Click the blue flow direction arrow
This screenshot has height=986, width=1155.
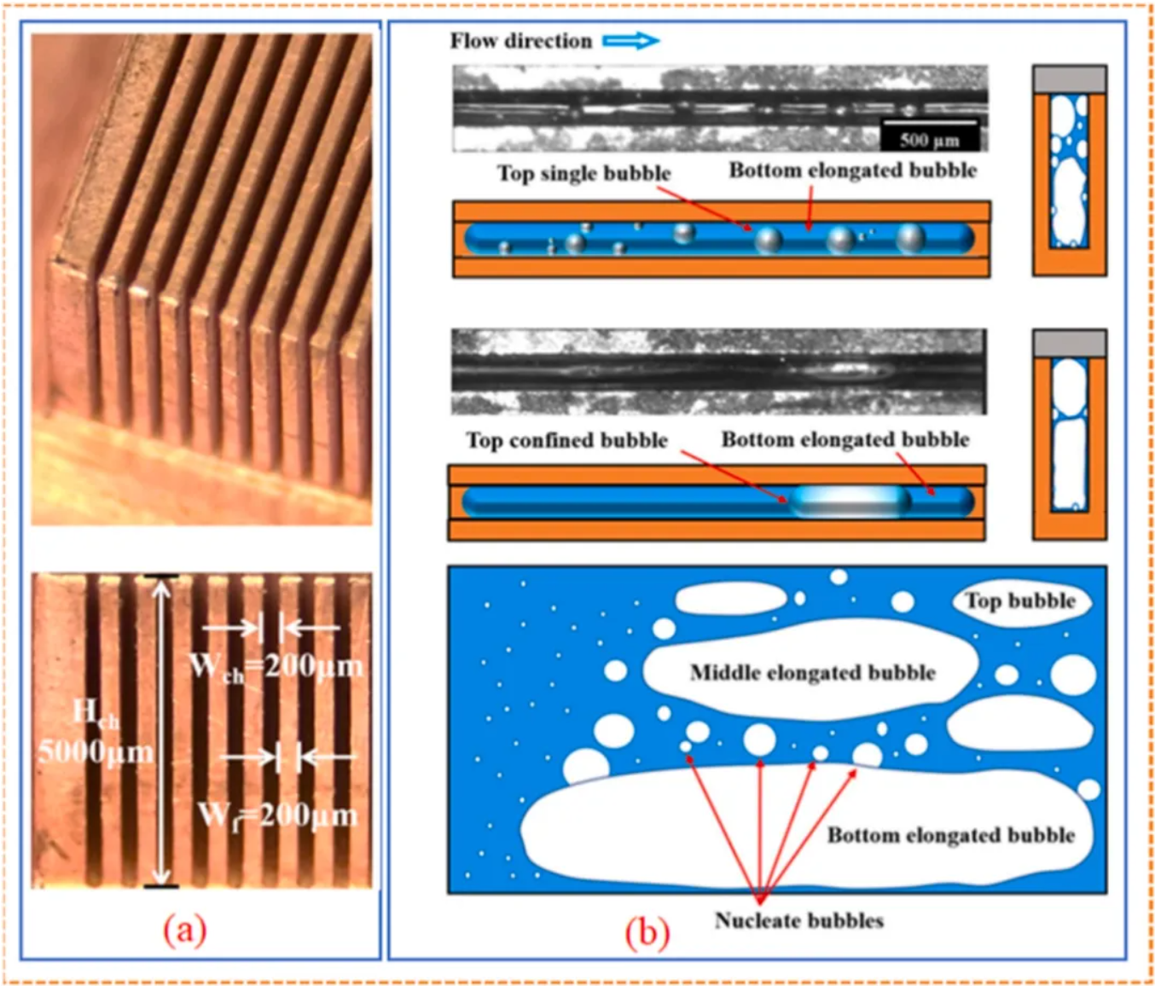coord(631,40)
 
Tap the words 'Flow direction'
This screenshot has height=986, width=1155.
coord(520,41)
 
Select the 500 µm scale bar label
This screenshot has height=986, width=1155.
coord(929,140)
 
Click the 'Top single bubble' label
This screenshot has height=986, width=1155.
coord(583,173)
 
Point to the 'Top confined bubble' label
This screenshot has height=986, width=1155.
coord(566,440)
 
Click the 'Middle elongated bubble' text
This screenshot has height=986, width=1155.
coord(812,673)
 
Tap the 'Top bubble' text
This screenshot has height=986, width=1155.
coord(1020,600)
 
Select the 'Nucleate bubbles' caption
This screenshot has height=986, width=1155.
coord(798,920)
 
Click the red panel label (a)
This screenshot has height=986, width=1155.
coord(185,929)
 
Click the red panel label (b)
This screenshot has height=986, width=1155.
coord(647,932)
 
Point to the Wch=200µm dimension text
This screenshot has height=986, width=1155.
coord(276,665)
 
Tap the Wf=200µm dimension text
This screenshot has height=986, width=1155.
coord(277,815)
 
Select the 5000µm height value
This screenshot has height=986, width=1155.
coord(96,751)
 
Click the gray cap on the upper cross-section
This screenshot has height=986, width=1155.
coord(1069,79)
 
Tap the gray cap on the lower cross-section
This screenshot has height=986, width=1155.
coord(1069,343)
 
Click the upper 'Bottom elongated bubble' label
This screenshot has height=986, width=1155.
coord(852,171)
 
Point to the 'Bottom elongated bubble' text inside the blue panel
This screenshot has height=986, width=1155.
coord(950,835)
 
